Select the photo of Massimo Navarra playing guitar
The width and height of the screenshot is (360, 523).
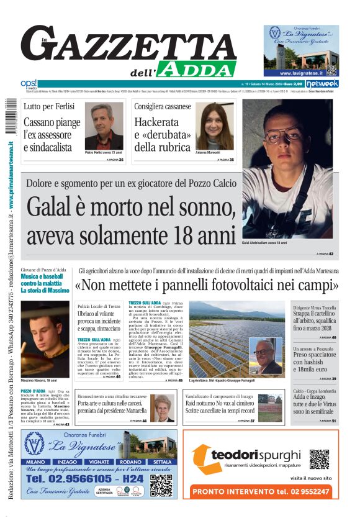tap(45, 339)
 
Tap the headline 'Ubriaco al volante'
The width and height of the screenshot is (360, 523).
tap(97, 316)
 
